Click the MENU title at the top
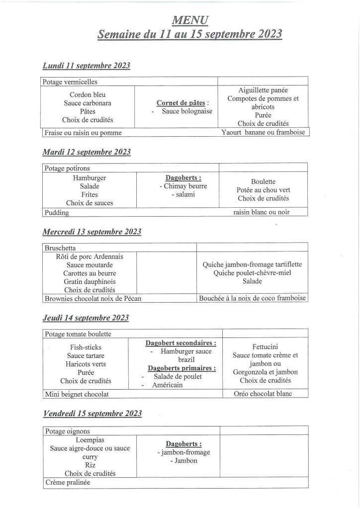(190, 20)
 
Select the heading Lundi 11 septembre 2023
(86, 65)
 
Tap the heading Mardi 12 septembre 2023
(87, 152)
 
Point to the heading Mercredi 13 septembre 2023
(92, 232)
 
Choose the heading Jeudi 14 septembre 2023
(86, 318)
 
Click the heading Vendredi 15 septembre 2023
(92, 414)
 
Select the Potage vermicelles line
(70, 82)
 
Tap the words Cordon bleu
(88, 94)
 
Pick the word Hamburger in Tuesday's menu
(90, 177)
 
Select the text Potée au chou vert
(263, 190)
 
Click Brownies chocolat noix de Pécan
(90, 299)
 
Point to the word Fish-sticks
(86, 347)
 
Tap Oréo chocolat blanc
(263, 394)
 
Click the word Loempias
(90, 440)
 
